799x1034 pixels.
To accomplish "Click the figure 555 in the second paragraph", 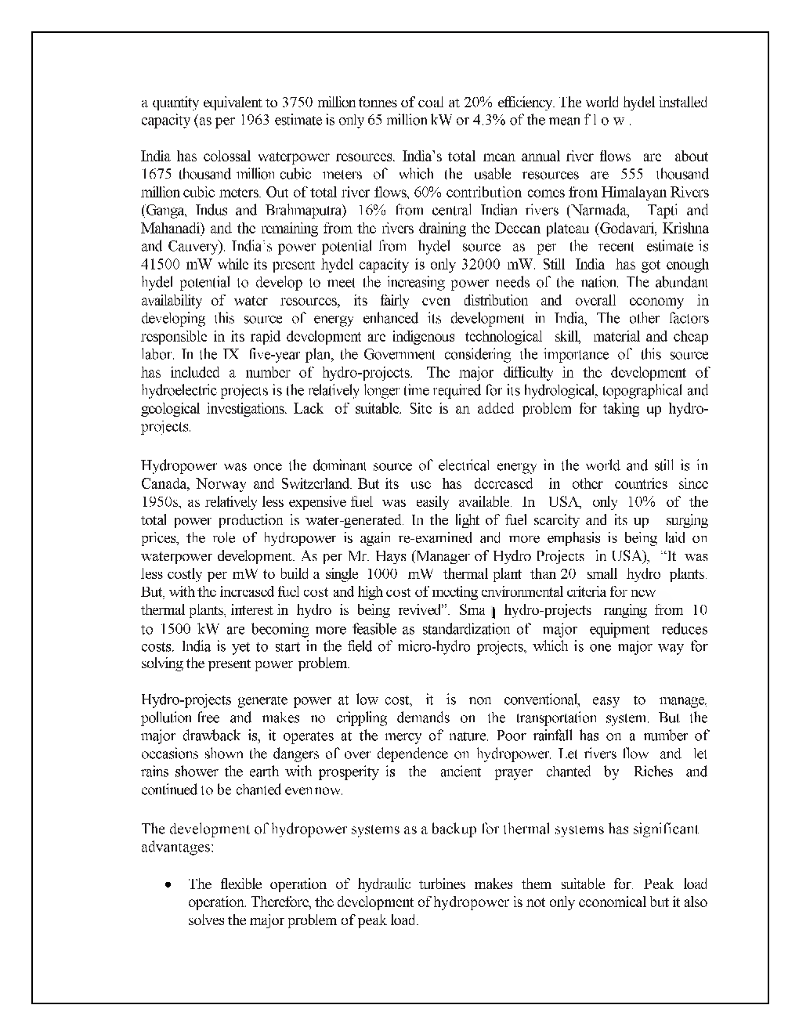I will coord(631,174).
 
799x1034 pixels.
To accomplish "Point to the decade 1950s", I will coord(161,501).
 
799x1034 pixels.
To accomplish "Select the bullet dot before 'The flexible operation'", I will coord(168,884).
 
